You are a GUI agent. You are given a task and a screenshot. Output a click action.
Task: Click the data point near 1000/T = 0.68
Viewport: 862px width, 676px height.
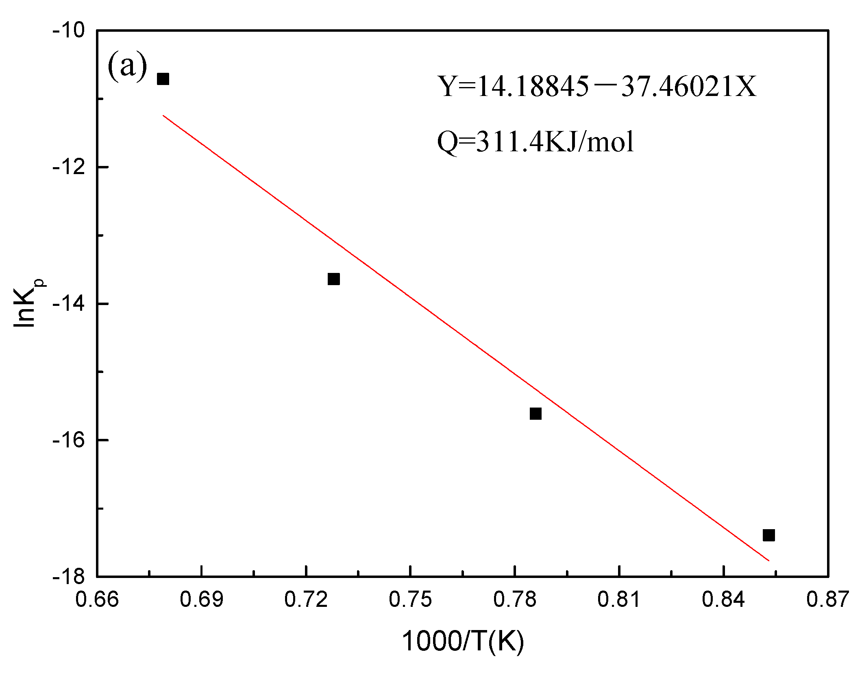click(x=163, y=79)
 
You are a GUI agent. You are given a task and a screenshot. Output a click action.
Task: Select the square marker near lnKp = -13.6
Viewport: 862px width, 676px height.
click(x=333, y=279)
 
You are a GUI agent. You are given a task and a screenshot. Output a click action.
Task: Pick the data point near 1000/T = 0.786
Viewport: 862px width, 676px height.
click(x=535, y=414)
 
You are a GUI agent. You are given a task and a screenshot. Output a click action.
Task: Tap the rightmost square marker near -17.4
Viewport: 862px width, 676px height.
click(x=768, y=535)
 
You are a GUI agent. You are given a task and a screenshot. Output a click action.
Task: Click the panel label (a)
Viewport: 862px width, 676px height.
click(x=127, y=66)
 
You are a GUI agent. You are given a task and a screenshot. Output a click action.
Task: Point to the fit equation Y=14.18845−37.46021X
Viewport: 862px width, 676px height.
click(x=597, y=87)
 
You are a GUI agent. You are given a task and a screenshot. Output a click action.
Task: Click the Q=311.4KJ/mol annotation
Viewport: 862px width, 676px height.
click(x=535, y=142)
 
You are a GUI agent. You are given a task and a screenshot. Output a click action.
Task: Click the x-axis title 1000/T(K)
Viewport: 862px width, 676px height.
click(x=463, y=641)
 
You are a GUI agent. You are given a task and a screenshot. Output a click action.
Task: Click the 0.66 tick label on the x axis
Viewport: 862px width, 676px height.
click(x=97, y=600)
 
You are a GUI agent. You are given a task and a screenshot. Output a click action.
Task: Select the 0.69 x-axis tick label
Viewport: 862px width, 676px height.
click(x=201, y=600)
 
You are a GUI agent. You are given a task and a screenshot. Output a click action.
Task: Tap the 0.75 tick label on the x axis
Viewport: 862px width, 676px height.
click(x=410, y=600)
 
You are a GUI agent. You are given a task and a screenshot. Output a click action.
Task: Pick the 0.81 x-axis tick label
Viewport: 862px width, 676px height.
click(x=619, y=600)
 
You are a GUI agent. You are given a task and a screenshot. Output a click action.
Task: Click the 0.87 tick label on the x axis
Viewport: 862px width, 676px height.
click(x=828, y=600)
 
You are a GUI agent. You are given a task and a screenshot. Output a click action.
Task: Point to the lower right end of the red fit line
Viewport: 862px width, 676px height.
click(x=768, y=560)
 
